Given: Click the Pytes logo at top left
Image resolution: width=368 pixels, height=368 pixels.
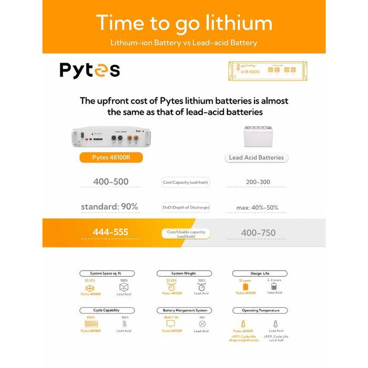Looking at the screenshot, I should point(89,70).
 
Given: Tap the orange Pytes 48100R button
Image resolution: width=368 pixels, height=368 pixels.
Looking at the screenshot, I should point(111,157).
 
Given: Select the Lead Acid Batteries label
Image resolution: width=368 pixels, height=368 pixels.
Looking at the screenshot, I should point(257,157).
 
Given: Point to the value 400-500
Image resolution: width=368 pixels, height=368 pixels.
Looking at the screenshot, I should point(111,182).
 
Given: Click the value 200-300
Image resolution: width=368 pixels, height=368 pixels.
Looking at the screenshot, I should point(258,182).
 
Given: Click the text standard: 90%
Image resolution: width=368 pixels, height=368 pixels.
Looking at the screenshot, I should point(109,207).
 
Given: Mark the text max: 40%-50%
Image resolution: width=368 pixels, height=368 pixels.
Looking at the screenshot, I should point(257,208).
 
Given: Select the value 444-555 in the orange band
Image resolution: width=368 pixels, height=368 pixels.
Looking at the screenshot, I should point(110,232).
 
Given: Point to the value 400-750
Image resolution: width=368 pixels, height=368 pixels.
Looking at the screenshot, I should point(258,232).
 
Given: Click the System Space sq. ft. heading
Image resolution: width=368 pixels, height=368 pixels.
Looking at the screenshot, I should point(107,273).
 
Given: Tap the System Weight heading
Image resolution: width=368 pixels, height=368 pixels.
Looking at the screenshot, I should point(184,273).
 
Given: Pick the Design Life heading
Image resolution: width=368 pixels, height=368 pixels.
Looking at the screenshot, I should point(260,273).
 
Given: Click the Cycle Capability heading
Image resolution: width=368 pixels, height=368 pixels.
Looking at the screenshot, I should point(106,310).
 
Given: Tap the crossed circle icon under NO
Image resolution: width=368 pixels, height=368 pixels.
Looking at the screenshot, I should point(201,323).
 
